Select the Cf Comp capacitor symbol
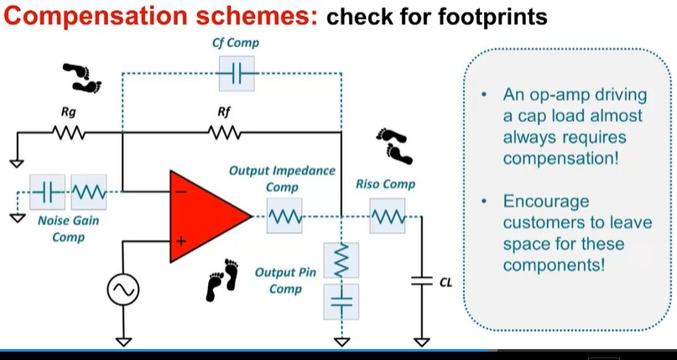tap(235, 76)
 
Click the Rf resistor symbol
tap(224, 132)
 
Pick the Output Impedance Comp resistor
tap(284, 217)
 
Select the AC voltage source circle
tap(123, 290)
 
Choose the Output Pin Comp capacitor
tap(341, 300)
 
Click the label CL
tap(445, 283)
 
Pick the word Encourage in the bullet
tap(546, 202)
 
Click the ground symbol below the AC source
tap(123, 341)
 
